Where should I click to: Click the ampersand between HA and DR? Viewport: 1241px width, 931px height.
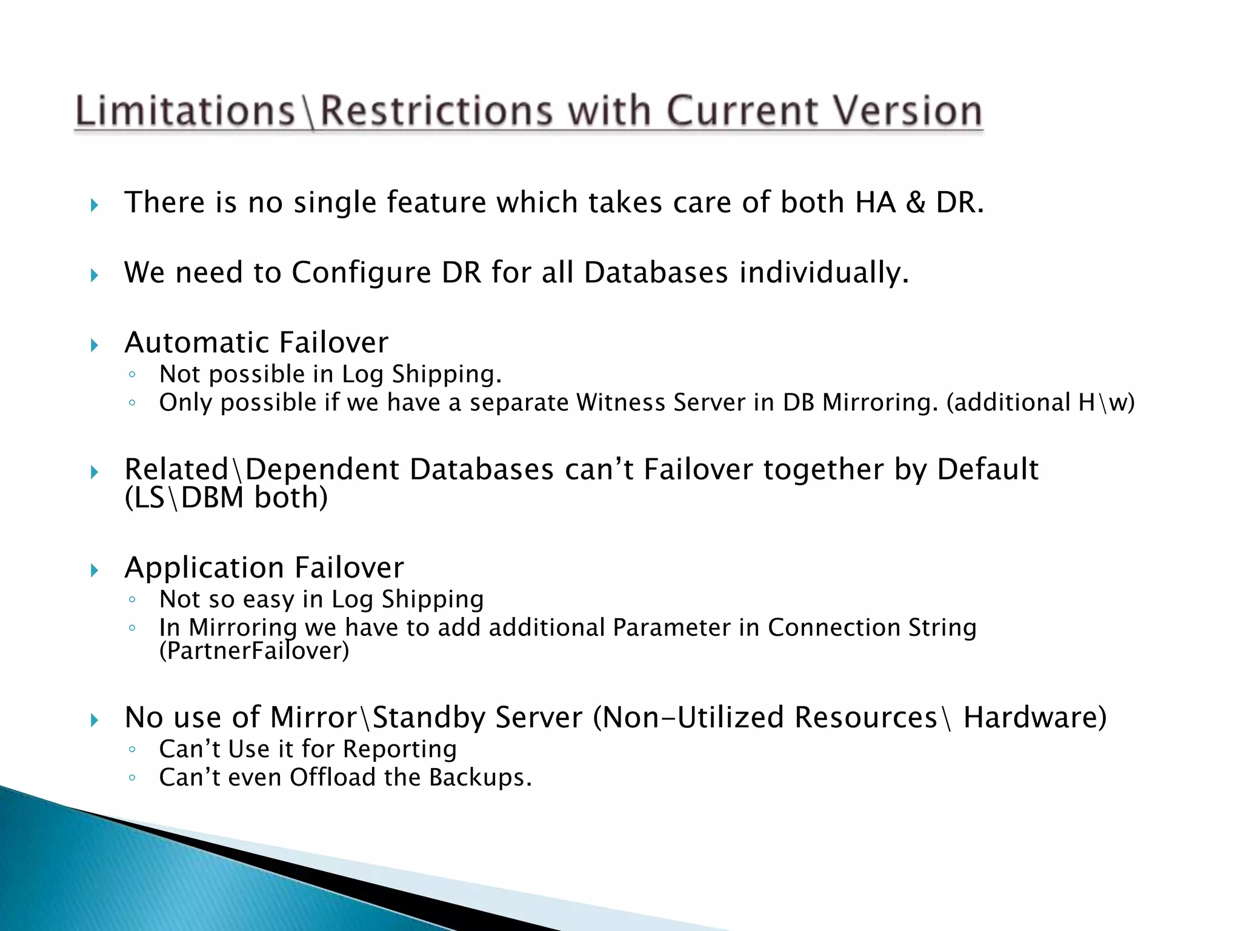click(x=915, y=202)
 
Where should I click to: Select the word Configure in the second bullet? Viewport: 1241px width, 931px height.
click(x=361, y=272)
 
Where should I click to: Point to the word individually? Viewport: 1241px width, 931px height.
click(x=824, y=272)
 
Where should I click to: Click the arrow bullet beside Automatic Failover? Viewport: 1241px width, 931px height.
click(x=95, y=345)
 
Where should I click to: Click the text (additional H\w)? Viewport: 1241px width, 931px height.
click(x=1040, y=402)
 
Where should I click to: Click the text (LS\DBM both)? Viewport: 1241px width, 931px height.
click(x=226, y=498)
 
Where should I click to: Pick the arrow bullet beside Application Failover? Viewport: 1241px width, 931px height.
click(x=95, y=570)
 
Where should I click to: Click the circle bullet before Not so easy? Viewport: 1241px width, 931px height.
click(x=132, y=600)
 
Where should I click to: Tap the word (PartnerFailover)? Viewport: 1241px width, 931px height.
click(x=254, y=651)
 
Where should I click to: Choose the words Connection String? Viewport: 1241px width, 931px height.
click(x=871, y=627)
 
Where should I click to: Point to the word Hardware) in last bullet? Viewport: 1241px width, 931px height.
click(x=1035, y=718)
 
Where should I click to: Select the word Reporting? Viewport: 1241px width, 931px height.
click(x=400, y=749)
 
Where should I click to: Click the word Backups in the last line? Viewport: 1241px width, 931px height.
click(x=480, y=778)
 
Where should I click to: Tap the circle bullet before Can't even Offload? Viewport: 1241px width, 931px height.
click(x=132, y=778)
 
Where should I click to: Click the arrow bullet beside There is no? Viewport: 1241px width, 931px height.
click(x=95, y=205)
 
